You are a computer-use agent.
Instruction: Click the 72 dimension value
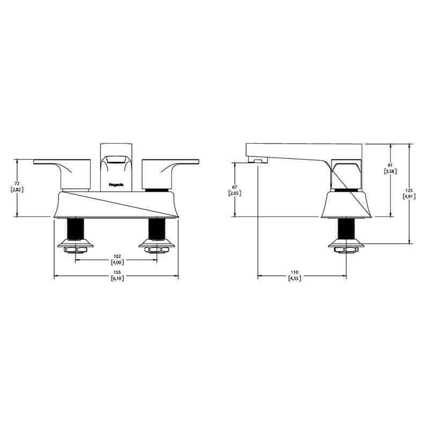coord(17,183)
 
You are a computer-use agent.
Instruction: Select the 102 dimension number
coord(117,256)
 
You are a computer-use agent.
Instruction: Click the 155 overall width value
coord(117,272)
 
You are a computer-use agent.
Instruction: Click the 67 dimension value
coord(234,187)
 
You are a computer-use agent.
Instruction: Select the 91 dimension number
coord(390,165)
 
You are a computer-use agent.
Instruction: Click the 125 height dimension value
coord(409,190)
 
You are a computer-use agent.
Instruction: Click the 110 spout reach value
coord(294,272)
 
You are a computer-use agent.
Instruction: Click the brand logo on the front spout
coord(116,184)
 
